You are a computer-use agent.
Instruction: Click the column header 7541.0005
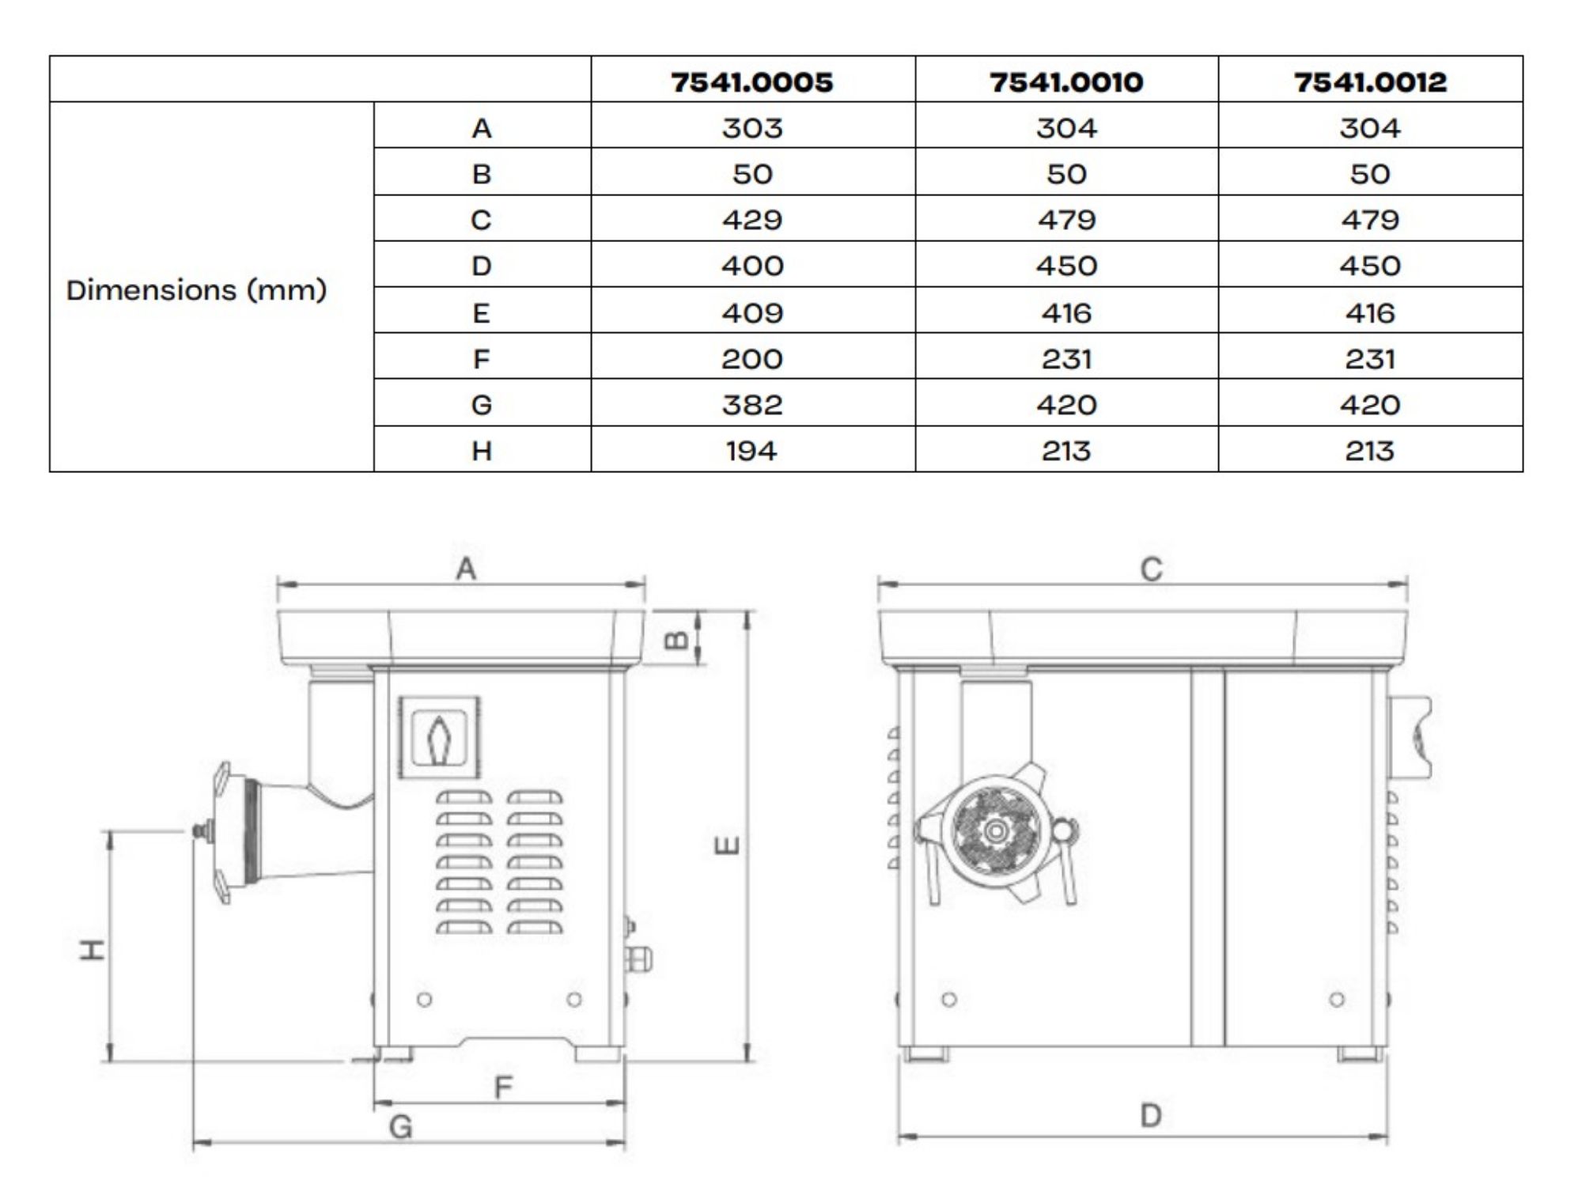point(751,81)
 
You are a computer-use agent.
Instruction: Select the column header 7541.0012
point(1369,81)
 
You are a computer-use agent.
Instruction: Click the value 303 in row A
point(751,127)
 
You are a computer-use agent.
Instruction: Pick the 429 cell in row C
point(751,219)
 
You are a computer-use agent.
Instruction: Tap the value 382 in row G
point(751,404)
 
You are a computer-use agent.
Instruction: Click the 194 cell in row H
point(751,450)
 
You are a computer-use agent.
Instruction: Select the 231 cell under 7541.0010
point(1065,358)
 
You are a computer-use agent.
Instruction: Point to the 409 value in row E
point(751,312)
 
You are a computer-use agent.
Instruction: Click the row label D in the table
point(481,266)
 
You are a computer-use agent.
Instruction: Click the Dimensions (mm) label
point(196,289)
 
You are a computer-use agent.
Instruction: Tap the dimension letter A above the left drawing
point(466,568)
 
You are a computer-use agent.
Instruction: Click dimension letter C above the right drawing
point(1151,569)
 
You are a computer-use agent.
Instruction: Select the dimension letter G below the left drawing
point(400,1125)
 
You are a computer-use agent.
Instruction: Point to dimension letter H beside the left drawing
point(93,948)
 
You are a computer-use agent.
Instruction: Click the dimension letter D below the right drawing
point(1150,1115)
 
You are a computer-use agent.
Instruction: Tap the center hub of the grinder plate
point(995,830)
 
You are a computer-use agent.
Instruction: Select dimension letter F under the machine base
point(503,1087)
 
